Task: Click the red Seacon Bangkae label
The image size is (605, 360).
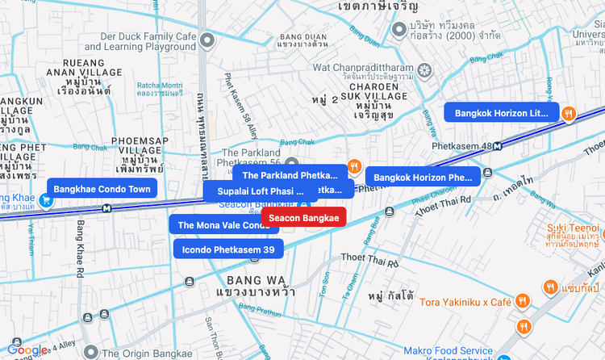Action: pos(303,218)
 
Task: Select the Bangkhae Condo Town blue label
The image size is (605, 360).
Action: pos(102,189)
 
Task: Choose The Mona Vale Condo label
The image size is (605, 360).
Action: pos(223,225)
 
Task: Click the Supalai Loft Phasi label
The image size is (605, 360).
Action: pos(260,191)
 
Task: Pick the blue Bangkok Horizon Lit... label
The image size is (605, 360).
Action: pos(501,113)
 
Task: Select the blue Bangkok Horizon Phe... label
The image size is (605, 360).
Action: pos(423,177)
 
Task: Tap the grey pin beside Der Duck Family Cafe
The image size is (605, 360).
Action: pos(208,40)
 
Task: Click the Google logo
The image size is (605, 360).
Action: pos(27,350)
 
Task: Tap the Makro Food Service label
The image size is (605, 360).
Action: pos(449,350)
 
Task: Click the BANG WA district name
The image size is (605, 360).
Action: pos(241,278)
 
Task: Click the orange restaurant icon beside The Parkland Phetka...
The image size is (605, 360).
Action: pos(353,167)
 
